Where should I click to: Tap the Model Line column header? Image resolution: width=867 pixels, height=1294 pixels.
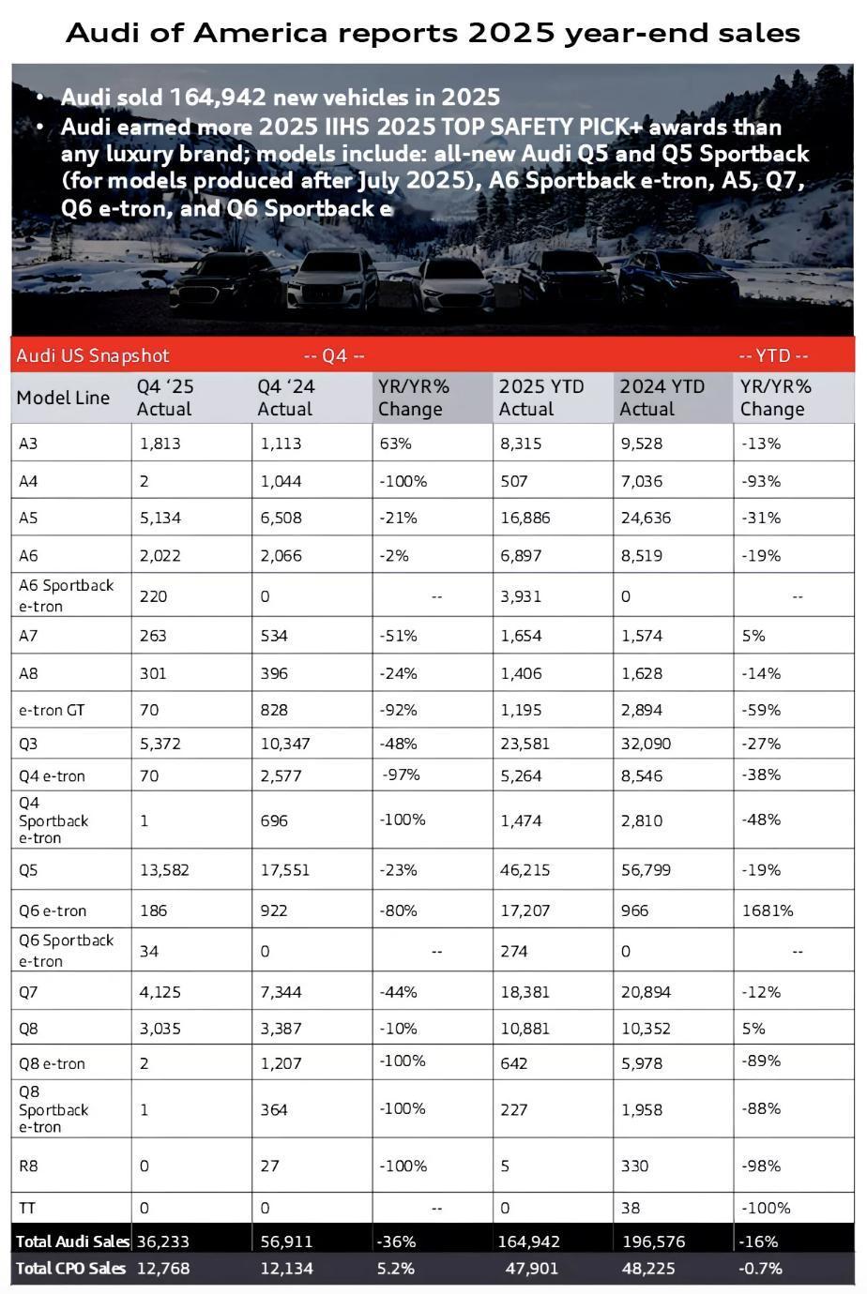[x=63, y=398]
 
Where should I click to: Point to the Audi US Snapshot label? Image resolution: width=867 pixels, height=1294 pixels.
[x=93, y=355]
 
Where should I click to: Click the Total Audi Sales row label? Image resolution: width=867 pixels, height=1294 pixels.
[x=71, y=1241]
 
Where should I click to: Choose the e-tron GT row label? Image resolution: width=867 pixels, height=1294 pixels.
[x=52, y=710]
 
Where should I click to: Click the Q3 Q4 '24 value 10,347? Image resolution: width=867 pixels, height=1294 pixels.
[x=284, y=744]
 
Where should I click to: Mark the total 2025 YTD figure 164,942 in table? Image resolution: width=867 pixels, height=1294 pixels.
[x=528, y=1241]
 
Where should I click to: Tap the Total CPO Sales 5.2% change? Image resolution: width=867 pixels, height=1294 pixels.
[x=395, y=1269]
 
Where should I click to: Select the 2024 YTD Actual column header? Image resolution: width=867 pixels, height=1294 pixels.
[x=662, y=398]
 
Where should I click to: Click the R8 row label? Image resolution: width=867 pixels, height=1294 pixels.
[x=29, y=1166]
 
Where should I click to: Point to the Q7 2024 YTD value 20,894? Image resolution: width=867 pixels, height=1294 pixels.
[x=648, y=992]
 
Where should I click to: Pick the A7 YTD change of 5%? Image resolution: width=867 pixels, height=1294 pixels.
[x=753, y=636]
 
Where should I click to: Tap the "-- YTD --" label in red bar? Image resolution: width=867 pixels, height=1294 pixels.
[x=773, y=355]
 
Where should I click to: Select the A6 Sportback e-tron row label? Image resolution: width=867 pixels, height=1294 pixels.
[x=66, y=595]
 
